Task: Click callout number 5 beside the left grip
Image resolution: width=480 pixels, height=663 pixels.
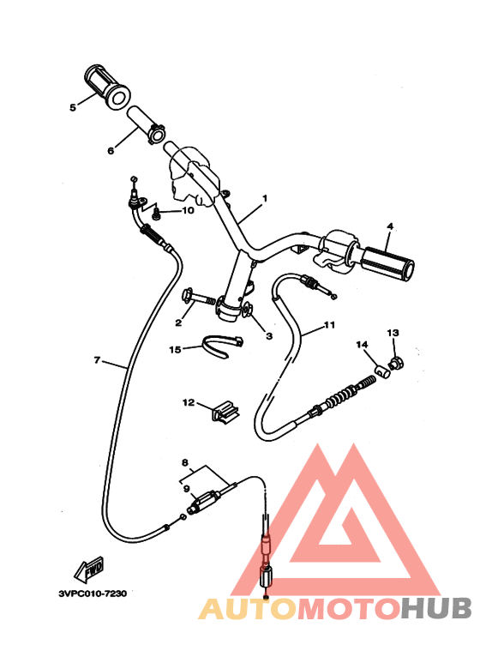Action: [73, 107]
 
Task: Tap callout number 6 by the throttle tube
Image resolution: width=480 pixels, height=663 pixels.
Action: [111, 151]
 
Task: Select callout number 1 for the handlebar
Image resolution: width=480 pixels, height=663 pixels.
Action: [265, 198]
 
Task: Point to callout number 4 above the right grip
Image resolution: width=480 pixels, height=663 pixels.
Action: [390, 226]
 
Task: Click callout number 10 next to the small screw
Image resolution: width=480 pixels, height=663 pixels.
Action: [188, 210]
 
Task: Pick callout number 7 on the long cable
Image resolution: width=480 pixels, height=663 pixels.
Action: [97, 360]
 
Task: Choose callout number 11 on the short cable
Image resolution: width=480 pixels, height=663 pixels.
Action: [329, 325]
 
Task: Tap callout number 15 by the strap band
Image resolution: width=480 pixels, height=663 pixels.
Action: [175, 349]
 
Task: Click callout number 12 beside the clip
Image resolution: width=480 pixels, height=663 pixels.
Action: [189, 402]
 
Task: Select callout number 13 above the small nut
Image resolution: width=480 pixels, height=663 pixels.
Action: [393, 333]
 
